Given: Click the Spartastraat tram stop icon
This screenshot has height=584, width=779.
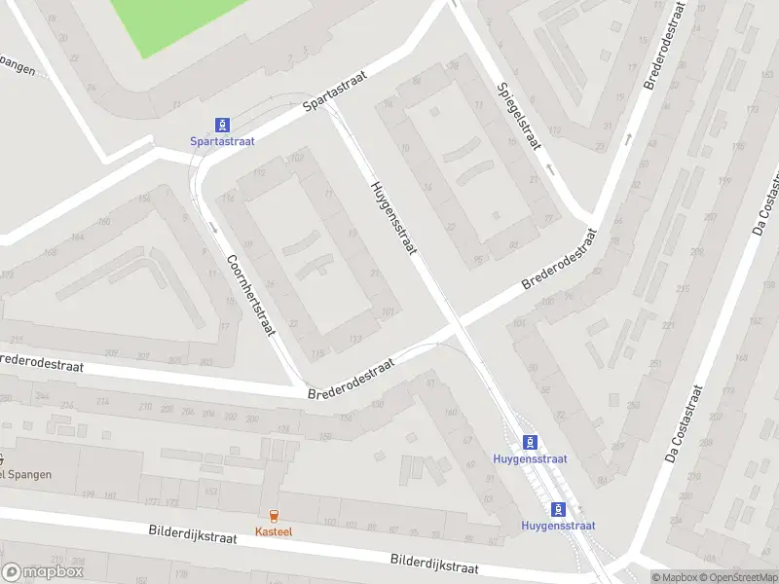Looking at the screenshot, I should pyautogui.click(x=223, y=124).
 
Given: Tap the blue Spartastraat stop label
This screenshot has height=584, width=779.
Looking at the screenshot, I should pyautogui.click(x=222, y=141).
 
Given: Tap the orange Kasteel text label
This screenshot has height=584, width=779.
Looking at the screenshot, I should pyautogui.click(x=273, y=531).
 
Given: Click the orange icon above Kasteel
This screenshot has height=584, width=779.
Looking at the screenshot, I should pyautogui.click(x=273, y=516).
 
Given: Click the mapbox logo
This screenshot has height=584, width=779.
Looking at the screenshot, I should pyautogui.click(x=43, y=572).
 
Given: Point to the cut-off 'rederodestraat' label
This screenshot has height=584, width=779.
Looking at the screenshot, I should pyautogui.click(x=42, y=363).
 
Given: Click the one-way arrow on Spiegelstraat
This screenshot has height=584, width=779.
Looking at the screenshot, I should pyautogui.click(x=550, y=168).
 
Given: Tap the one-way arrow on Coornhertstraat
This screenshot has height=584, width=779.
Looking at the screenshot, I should pyautogui.click(x=212, y=227).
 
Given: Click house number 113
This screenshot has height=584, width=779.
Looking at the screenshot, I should pyautogui.click(x=355, y=340).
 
